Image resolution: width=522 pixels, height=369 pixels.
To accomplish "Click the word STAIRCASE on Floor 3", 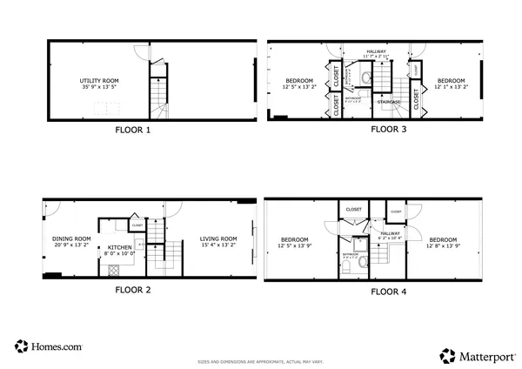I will click(389, 103).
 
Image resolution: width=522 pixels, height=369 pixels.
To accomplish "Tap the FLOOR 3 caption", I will click(389, 130).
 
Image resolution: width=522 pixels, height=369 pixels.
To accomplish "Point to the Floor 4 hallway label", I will click(389, 235).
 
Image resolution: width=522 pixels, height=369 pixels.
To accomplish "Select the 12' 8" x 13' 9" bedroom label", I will click(443, 243).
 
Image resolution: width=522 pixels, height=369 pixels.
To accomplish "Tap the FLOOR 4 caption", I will click(388, 292).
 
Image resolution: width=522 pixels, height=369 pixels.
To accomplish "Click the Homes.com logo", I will click(49, 346).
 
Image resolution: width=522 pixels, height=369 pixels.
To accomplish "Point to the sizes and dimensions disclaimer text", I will click(260, 359).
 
